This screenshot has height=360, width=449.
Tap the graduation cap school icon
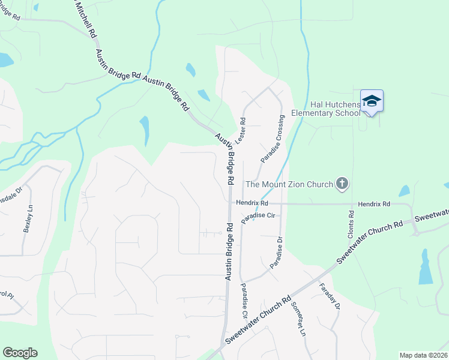pos(372,100)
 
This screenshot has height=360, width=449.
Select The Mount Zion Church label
pos(289,184)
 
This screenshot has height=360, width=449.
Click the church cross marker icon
pos(342,184)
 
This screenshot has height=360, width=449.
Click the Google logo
pos(20,352)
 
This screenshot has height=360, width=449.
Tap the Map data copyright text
pos(423,355)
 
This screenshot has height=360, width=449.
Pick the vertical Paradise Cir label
pos(244,300)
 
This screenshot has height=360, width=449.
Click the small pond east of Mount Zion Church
pos(404,191)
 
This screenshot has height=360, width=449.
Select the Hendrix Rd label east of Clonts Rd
pos(373,205)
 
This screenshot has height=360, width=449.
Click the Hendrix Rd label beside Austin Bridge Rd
pos(251,203)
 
